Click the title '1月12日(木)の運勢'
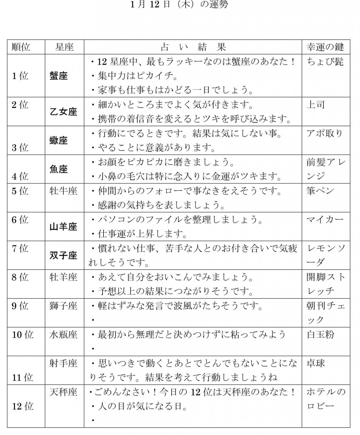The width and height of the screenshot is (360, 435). tap(180, 6)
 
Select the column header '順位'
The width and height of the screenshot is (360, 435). tap(21, 46)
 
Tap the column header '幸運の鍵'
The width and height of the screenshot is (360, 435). tap(325, 46)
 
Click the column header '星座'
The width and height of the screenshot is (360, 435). tap(64, 46)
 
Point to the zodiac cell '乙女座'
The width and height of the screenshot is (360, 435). tap(64, 112)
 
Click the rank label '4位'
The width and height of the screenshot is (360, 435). tap(20, 175)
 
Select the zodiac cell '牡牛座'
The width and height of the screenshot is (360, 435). tap(64, 191)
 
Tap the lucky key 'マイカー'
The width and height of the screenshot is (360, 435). tap(325, 220)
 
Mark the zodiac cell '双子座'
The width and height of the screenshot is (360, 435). tap(64, 255)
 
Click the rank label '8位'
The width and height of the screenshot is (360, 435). tap(20, 277)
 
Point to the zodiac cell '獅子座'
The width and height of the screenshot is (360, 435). tap(64, 306)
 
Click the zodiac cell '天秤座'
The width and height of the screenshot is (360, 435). tap(64, 392)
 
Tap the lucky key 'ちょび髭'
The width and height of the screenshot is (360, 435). tap(325, 62)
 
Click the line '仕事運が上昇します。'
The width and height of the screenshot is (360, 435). tap(136, 234)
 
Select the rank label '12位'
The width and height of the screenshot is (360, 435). tap(23, 407)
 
